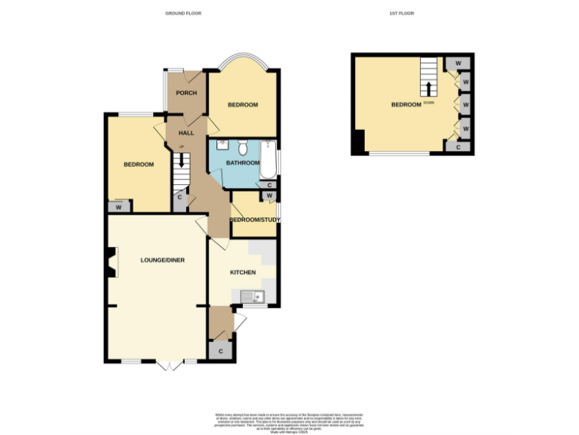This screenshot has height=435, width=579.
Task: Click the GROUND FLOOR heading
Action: (x=183, y=14)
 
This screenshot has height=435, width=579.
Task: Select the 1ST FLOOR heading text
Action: (x=403, y=14)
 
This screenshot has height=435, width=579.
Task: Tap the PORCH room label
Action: (x=186, y=93)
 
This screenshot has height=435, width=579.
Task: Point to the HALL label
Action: (x=186, y=133)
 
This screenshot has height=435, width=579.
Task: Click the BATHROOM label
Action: (x=243, y=162)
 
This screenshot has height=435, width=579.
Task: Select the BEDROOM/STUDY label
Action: (x=255, y=220)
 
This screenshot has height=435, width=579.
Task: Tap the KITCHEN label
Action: (x=243, y=272)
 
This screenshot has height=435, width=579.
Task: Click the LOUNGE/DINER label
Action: (x=162, y=260)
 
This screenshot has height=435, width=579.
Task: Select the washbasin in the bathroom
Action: (x=222, y=144)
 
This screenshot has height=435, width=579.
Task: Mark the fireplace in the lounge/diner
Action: (x=111, y=264)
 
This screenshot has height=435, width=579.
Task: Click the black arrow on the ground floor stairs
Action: (x=181, y=159)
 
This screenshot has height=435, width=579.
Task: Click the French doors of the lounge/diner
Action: (x=170, y=366)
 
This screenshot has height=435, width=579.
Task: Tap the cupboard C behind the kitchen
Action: (x=221, y=351)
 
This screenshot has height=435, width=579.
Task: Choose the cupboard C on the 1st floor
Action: (x=460, y=148)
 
